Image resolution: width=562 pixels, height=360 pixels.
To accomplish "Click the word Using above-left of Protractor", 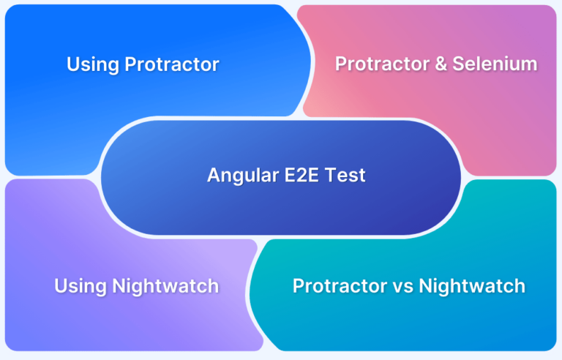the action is [x=93, y=65].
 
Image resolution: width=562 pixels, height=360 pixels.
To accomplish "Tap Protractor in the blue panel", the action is [x=172, y=64].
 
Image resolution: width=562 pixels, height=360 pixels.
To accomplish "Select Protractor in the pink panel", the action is [x=382, y=64].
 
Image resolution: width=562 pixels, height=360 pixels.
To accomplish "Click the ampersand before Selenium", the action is [x=441, y=64].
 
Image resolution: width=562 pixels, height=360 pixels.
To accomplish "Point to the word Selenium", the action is [x=495, y=64].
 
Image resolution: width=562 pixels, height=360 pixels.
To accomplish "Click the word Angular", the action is [x=243, y=176].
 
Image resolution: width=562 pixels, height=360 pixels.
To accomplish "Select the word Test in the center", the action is [x=345, y=176].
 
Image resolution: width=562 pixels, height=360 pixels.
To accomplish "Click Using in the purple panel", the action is [x=80, y=287].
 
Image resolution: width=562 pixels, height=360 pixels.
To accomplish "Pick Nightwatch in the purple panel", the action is [x=165, y=286].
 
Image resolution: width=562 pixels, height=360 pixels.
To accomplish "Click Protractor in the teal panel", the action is [x=340, y=286].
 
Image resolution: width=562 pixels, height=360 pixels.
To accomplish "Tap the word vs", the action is [x=403, y=288].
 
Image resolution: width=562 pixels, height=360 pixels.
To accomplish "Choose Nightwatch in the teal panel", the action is [x=472, y=286].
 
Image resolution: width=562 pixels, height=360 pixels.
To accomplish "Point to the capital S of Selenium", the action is [x=459, y=64].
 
